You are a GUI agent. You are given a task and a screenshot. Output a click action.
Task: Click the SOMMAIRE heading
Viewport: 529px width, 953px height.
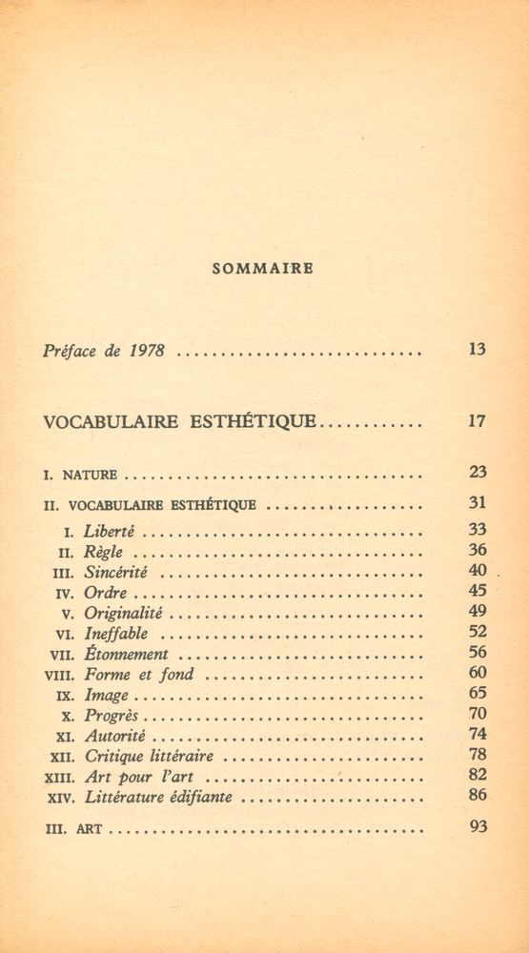pos(262,269)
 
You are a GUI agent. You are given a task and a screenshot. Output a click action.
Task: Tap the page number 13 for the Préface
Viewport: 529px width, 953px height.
pos(478,349)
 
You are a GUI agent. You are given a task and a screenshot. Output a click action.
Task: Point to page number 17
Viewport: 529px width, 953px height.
pos(478,420)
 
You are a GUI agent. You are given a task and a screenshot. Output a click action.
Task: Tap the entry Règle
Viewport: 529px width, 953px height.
pos(104,552)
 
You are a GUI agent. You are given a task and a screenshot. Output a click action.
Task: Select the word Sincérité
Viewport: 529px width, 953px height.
pos(117,572)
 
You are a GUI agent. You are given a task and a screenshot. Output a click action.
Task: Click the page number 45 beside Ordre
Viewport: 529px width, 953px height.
pos(478,591)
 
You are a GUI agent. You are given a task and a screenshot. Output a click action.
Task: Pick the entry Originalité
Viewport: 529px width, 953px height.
pos(124,613)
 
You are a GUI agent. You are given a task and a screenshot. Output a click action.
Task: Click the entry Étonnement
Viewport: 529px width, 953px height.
pos(127,654)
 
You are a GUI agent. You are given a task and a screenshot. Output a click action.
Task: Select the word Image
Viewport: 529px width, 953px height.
pos(106,695)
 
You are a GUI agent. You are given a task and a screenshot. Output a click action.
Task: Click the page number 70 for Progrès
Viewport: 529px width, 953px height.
pos(478,714)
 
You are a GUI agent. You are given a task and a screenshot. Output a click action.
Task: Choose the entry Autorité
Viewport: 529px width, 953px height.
pos(115,736)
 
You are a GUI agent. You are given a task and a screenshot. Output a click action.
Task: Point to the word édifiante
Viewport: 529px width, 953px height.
pos(197,797)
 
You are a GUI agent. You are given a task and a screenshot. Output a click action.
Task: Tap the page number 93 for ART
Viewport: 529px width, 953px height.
pos(478,826)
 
